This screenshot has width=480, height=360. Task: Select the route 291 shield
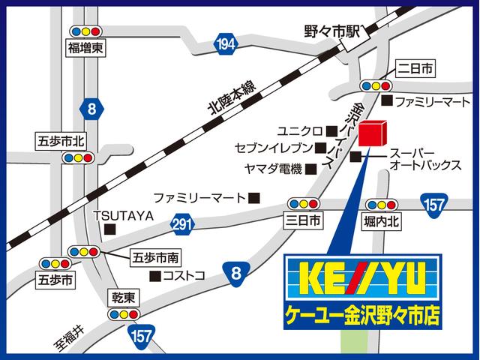tap(182, 223)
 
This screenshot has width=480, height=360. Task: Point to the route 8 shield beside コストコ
tap(237, 273)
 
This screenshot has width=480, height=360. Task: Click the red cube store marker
tap(373, 133)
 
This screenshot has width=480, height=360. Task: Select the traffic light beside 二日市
tap(376, 85)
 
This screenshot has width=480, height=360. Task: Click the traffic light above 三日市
tap(302, 203)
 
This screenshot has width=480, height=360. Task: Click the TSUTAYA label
tap(123, 216)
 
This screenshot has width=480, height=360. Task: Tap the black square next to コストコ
tap(154, 275)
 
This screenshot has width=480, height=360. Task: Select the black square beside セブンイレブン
tap(319, 148)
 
